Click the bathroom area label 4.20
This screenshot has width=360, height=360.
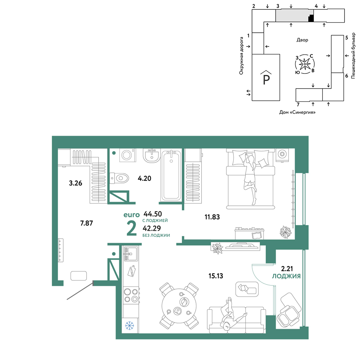pos(144,179)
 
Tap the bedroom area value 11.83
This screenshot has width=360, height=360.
pos(212,217)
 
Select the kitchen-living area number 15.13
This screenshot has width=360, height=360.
pos(216,276)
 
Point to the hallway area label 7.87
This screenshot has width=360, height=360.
pos(86,223)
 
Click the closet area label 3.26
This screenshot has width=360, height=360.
pos(76,183)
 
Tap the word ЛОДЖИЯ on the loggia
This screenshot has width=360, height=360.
pos(286,276)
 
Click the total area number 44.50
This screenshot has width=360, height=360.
pos(153,214)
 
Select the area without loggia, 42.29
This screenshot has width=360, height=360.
pos(152,228)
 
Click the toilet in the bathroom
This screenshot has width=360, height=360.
pos(119,178)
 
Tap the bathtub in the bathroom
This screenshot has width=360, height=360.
pos(171,176)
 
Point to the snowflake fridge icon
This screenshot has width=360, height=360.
pos(130,325)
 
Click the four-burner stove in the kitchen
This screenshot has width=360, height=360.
pos(131,296)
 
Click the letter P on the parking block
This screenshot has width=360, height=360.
pos(266,80)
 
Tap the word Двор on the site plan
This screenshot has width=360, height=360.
pos(302,40)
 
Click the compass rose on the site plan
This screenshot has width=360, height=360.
pos(305,64)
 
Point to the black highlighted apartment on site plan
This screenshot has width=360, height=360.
pos(311,18)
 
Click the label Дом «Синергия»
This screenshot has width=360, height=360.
pos(297,112)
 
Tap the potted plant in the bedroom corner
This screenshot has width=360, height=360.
pos(285,232)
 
